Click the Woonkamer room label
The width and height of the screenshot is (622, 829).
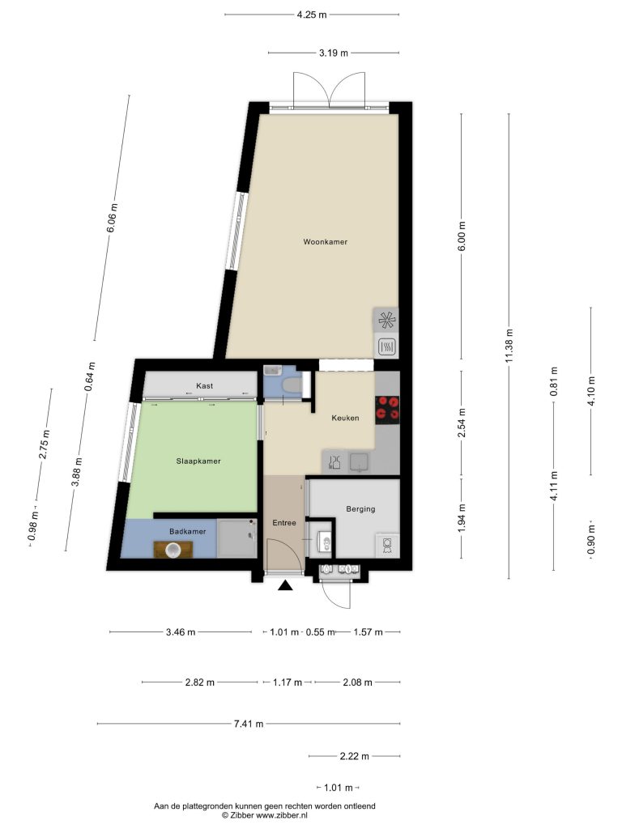pyautogui.click(x=326, y=241)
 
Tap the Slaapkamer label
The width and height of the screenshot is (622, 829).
pyautogui.click(x=198, y=461)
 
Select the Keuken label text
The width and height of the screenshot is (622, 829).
pyautogui.click(x=345, y=418)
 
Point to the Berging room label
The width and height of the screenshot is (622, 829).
pyautogui.click(x=360, y=509)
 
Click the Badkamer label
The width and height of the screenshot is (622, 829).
pyautogui.click(x=188, y=531)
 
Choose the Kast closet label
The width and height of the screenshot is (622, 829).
pyautogui.click(x=205, y=386)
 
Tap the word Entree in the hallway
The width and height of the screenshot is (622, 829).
pyautogui.click(x=284, y=523)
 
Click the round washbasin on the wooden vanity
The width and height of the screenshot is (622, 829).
pyautogui.click(x=173, y=551)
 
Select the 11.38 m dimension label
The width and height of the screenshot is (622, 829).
pyautogui.click(x=509, y=346)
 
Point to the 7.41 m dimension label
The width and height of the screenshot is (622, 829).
pyautogui.click(x=249, y=724)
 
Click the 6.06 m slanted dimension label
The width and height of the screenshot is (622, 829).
pyautogui.click(x=112, y=218)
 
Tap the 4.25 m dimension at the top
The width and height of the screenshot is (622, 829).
pyautogui.click(x=312, y=15)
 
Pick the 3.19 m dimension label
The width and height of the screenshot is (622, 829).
pyautogui.click(x=334, y=53)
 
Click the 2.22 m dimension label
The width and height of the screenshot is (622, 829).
pyautogui.click(x=355, y=757)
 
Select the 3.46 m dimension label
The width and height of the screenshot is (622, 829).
pyautogui.click(x=181, y=631)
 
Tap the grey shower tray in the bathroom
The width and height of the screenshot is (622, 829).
pyautogui.click(x=237, y=538)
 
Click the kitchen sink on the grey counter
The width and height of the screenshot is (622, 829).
pyautogui.click(x=360, y=462)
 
